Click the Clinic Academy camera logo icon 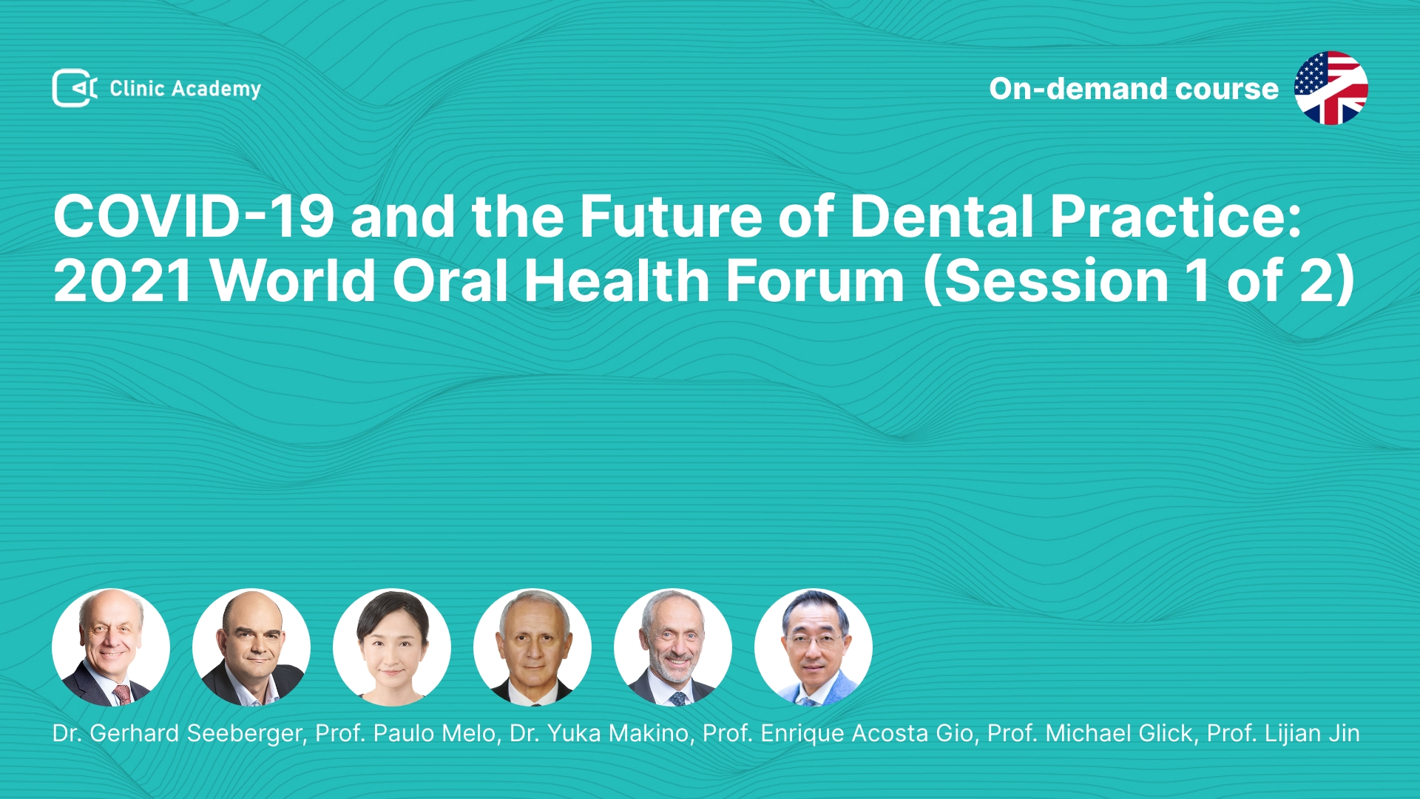coord(75,88)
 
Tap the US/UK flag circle coord(1331,88)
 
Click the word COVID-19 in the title coord(194,216)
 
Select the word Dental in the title coord(941,216)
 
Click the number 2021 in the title coord(123,281)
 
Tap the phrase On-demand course coord(1134,89)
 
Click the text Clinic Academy coord(186,89)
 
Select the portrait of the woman coord(392,647)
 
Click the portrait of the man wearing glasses coord(814,647)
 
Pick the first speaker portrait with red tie coord(111,647)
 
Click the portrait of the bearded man coord(673,647)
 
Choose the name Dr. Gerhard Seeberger coord(178,733)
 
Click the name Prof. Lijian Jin coord(1283,733)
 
